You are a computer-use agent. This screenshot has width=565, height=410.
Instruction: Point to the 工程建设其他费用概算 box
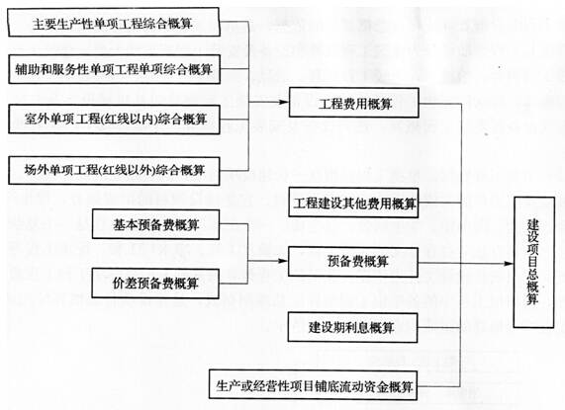353,204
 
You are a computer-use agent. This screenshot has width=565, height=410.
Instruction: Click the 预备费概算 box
353,262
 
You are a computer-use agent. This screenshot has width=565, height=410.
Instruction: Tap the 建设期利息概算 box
353,325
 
